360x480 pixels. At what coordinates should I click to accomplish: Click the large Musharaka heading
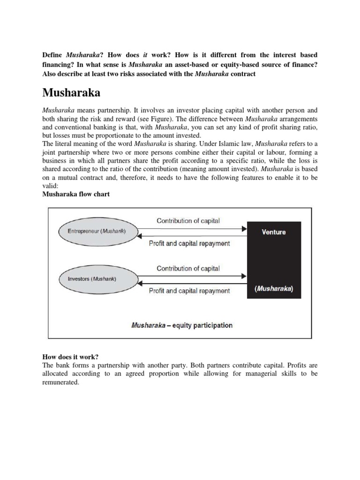click(71, 92)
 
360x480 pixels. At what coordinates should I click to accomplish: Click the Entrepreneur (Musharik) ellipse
click(97, 232)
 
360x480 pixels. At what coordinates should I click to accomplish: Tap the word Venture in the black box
click(274, 232)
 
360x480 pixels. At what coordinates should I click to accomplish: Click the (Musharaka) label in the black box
click(274, 289)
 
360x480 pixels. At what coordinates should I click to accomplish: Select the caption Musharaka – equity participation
click(182, 325)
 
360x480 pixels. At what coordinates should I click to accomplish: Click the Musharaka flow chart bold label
click(76, 194)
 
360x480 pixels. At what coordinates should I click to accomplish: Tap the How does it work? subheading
click(70, 357)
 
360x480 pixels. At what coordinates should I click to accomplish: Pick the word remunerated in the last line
click(61, 382)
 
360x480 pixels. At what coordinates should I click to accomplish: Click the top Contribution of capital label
click(188, 220)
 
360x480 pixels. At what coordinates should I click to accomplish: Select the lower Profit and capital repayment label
click(189, 291)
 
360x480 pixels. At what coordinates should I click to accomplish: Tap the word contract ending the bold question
click(243, 75)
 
